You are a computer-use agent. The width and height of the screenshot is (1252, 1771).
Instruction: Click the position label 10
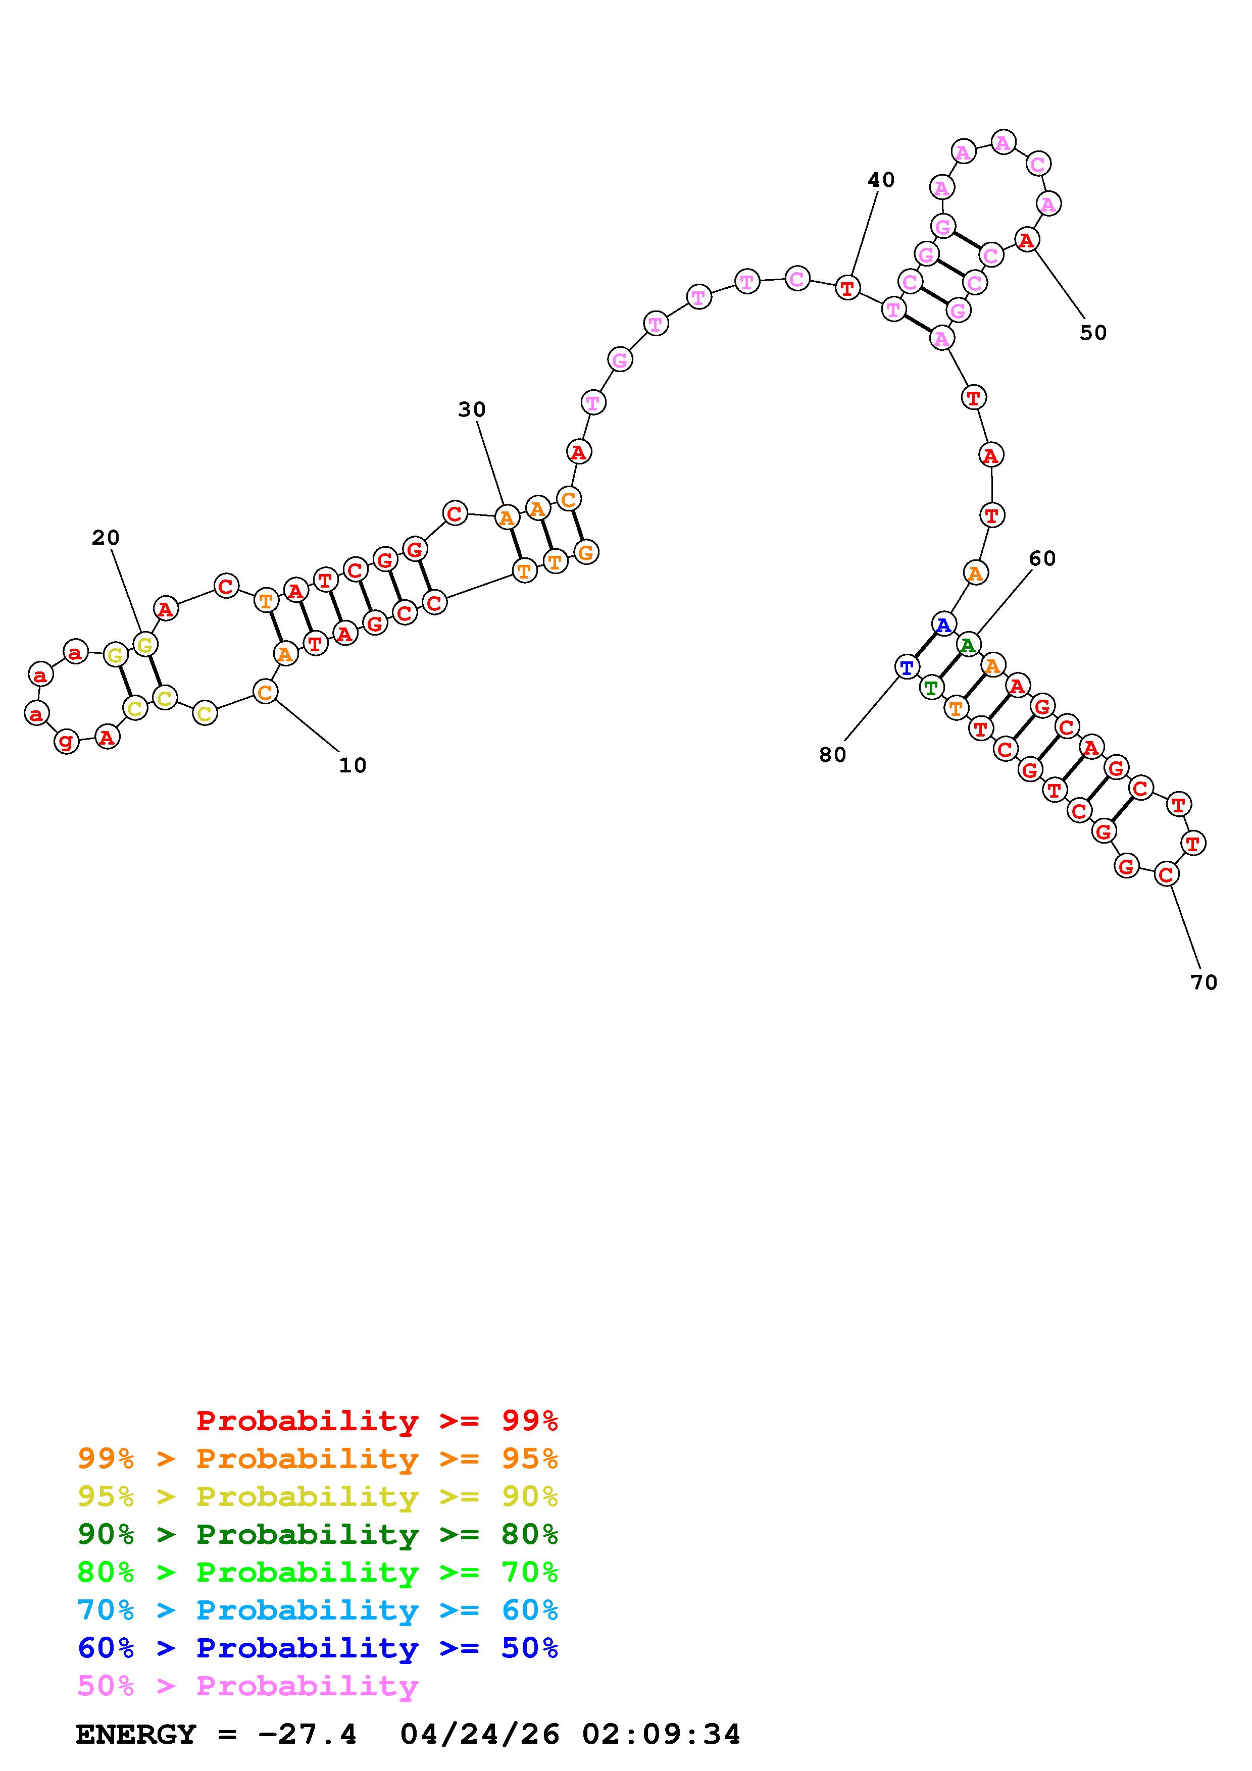(x=353, y=765)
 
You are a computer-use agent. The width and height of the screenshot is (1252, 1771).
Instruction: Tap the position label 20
(x=106, y=538)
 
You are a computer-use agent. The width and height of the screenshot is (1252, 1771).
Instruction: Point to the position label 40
(x=881, y=180)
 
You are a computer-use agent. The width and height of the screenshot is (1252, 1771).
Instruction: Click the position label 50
(x=1093, y=333)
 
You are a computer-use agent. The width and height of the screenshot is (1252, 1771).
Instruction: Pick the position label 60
(x=1042, y=558)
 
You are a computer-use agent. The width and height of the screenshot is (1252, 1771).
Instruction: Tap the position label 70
(x=1204, y=982)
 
